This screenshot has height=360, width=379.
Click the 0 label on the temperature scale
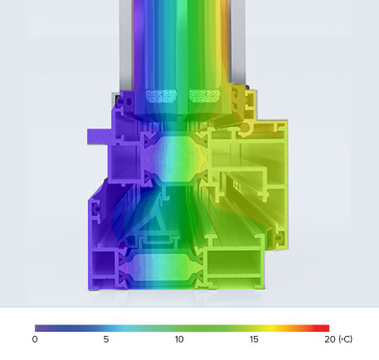coord(35,339)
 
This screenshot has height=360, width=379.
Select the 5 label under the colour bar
coord(106,339)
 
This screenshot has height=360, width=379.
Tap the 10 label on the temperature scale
coord(179,339)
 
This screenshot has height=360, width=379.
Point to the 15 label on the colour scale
coord(254,339)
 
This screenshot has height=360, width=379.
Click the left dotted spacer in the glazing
coord(160,95)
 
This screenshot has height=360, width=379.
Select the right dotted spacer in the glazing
coord(204,95)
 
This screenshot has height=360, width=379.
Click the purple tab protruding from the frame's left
coord(97,134)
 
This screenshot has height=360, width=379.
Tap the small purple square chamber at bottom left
coord(105,265)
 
